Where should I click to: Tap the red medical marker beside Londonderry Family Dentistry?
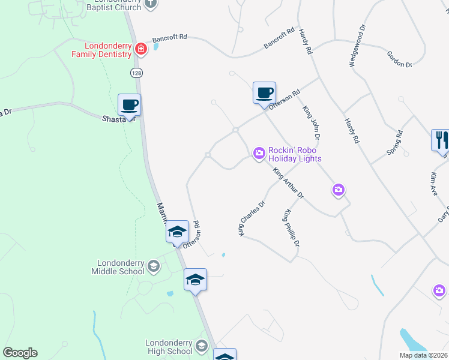click(140, 49)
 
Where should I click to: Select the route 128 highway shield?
click(136, 72)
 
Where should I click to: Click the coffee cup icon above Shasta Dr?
click(130, 105)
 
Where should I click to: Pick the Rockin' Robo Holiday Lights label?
click(295, 154)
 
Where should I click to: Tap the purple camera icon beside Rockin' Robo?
click(259, 154)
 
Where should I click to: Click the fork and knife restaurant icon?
click(441, 140)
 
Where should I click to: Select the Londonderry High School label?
click(169, 347)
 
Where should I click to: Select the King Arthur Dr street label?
click(289, 183)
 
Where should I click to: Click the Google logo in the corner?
click(20, 353)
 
